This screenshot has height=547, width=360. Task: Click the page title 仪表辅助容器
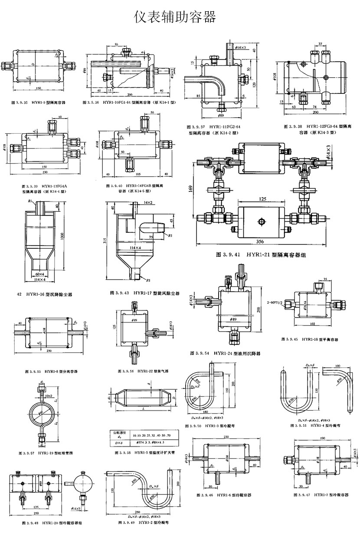(176, 17)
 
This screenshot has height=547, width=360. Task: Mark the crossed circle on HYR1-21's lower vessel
(260, 222)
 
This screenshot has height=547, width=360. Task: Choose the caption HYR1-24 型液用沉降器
(225, 354)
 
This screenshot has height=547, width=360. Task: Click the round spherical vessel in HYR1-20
(81, 481)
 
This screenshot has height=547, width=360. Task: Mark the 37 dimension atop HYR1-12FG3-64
(320, 44)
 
